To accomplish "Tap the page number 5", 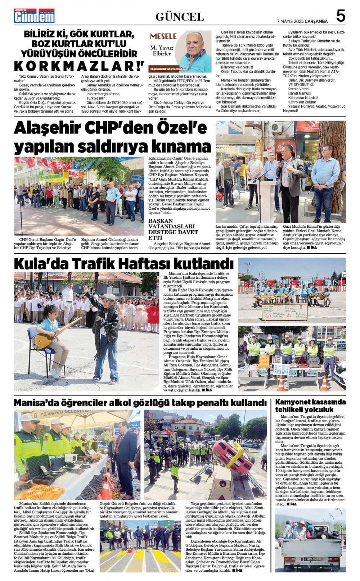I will coord(340,16).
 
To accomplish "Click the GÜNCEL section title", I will coord(180,17).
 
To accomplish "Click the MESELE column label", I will coord(163,36).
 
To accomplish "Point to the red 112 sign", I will coord(276,359).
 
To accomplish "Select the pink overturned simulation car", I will coord(232,456).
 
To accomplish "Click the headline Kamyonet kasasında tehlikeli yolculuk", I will coord(310,406).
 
